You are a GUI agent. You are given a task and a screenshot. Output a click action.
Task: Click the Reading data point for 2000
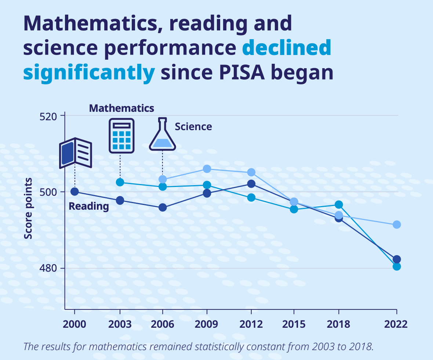point(74,191)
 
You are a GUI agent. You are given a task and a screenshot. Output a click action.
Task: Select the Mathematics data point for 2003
point(120,182)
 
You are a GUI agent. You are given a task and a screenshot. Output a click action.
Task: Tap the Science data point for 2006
point(163,179)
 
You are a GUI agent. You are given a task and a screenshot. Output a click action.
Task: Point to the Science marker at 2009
point(207,169)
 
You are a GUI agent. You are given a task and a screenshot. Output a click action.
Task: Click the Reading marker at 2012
point(251,184)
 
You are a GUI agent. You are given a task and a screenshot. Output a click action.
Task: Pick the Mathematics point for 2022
point(397,267)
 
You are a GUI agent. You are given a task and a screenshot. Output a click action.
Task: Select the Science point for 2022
point(397,224)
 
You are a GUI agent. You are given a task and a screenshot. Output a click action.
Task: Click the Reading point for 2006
point(163,207)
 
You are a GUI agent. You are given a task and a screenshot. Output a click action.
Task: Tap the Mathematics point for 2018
point(339,204)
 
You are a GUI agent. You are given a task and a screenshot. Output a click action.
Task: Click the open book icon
point(76,153)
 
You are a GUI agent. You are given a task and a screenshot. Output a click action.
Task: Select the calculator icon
point(121,135)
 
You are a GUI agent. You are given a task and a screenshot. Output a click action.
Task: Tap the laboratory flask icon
point(163,135)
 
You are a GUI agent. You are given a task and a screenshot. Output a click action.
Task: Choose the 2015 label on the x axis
point(294,324)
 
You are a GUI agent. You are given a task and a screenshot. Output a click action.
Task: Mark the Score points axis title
point(28,208)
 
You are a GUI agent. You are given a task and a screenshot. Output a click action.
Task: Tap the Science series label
point(193,126)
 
